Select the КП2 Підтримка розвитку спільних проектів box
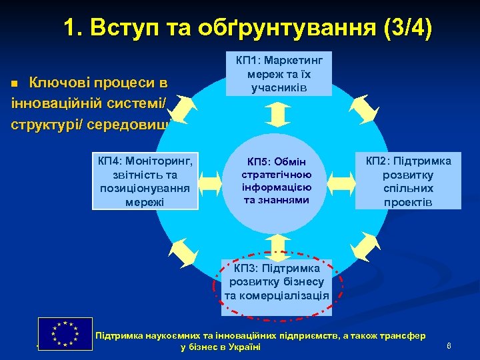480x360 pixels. coord(408,181)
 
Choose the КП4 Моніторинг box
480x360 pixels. coord(145,181)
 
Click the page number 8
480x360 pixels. coord(449,345)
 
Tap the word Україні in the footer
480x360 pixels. coord(243,347)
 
